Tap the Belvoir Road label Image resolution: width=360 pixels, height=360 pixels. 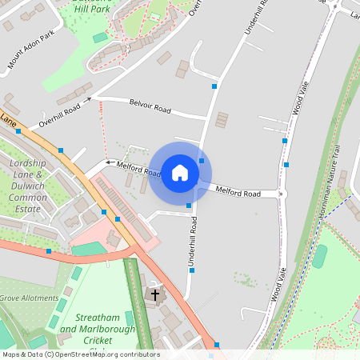click(x=151, y=107)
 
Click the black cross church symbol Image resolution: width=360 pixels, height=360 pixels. click(x=155, y=295)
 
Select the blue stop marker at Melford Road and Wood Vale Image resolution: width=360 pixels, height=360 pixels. click(x=284, y=194)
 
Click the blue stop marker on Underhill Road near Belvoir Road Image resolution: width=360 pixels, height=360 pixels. click(x=214, y=86)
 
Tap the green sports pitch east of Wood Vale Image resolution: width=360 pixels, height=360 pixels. click(x=319, y=256)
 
